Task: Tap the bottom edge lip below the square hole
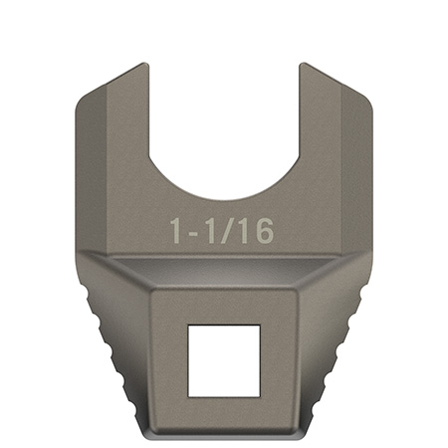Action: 225,435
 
